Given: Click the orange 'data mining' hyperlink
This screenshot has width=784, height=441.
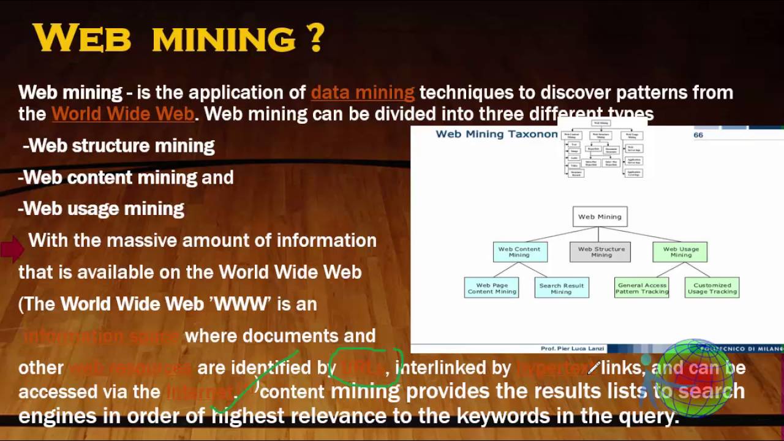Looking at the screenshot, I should tap(363, 92).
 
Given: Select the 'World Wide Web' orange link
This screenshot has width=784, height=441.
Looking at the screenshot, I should tap(123, 114).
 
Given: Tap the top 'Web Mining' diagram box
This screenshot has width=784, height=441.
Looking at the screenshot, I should tap(600, 217).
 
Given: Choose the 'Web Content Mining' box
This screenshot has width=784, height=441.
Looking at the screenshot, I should tap(519, 252).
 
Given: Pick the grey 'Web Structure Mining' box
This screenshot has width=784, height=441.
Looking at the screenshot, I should tap(600, 252).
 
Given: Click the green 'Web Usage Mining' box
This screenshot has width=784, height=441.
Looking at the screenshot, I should tap(680, 252).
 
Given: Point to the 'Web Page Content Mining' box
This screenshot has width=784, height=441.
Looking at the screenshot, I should tap(492, 288).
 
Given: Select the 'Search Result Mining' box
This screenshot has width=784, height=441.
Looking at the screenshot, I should tap(561, 288).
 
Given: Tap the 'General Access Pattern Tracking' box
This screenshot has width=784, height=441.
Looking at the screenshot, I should tap(642, 288).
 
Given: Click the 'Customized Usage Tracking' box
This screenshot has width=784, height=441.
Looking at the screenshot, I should tap(712, 288).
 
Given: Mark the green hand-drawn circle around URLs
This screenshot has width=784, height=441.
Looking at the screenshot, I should tap(366, 367).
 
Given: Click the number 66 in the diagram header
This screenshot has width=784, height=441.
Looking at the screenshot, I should tap(698, 135).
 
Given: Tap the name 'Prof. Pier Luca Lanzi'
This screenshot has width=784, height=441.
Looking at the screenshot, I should tap(572, 349).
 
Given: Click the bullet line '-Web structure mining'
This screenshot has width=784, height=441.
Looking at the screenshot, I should tap(118, 146).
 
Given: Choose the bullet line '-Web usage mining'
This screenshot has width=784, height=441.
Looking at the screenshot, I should tap(101, 209).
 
